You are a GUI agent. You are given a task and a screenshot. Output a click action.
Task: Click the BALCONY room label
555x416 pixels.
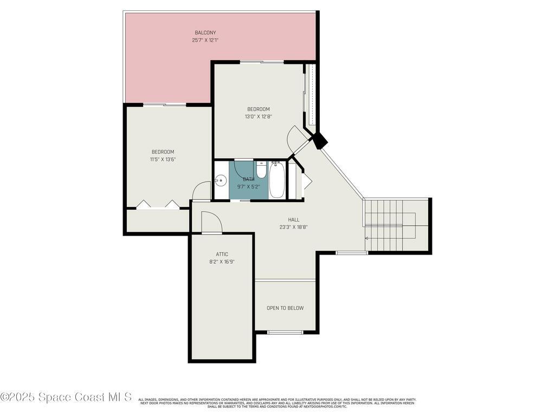tap(205, 32)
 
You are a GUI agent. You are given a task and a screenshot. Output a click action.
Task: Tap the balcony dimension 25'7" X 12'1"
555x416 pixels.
tap(205, 40)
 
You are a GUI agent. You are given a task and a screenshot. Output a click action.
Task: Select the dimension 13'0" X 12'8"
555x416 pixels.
tap(258, 116)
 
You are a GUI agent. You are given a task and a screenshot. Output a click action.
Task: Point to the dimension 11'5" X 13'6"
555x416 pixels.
tap(163, 159)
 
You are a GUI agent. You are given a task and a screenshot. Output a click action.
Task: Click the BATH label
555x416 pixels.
tap(248, 179)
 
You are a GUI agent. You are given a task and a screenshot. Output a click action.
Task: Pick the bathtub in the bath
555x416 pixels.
tap(276, 180)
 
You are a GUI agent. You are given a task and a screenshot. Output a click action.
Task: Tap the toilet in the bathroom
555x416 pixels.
tap(261, 170)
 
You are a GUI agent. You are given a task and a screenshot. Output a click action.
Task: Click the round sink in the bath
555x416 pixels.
tap(220, 181)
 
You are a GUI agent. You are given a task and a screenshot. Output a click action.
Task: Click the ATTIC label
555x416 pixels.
tap(222, 254)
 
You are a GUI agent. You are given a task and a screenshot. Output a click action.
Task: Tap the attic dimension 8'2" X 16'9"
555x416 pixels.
tap(222, 262)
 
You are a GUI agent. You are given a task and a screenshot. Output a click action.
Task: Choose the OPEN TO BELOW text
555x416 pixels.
tap(285, 308)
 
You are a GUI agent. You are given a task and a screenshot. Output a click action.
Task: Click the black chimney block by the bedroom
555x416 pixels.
tap(320, 141)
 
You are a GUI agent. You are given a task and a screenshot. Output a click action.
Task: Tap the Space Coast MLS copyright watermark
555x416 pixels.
tap(66, 397)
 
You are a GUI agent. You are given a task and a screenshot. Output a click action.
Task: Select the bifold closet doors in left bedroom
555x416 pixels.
tap(158, 204)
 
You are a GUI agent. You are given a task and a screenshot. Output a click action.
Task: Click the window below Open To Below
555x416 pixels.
tap(285, 332)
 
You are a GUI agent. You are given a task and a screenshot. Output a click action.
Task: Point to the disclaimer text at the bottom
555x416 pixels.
tap(277, 403)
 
